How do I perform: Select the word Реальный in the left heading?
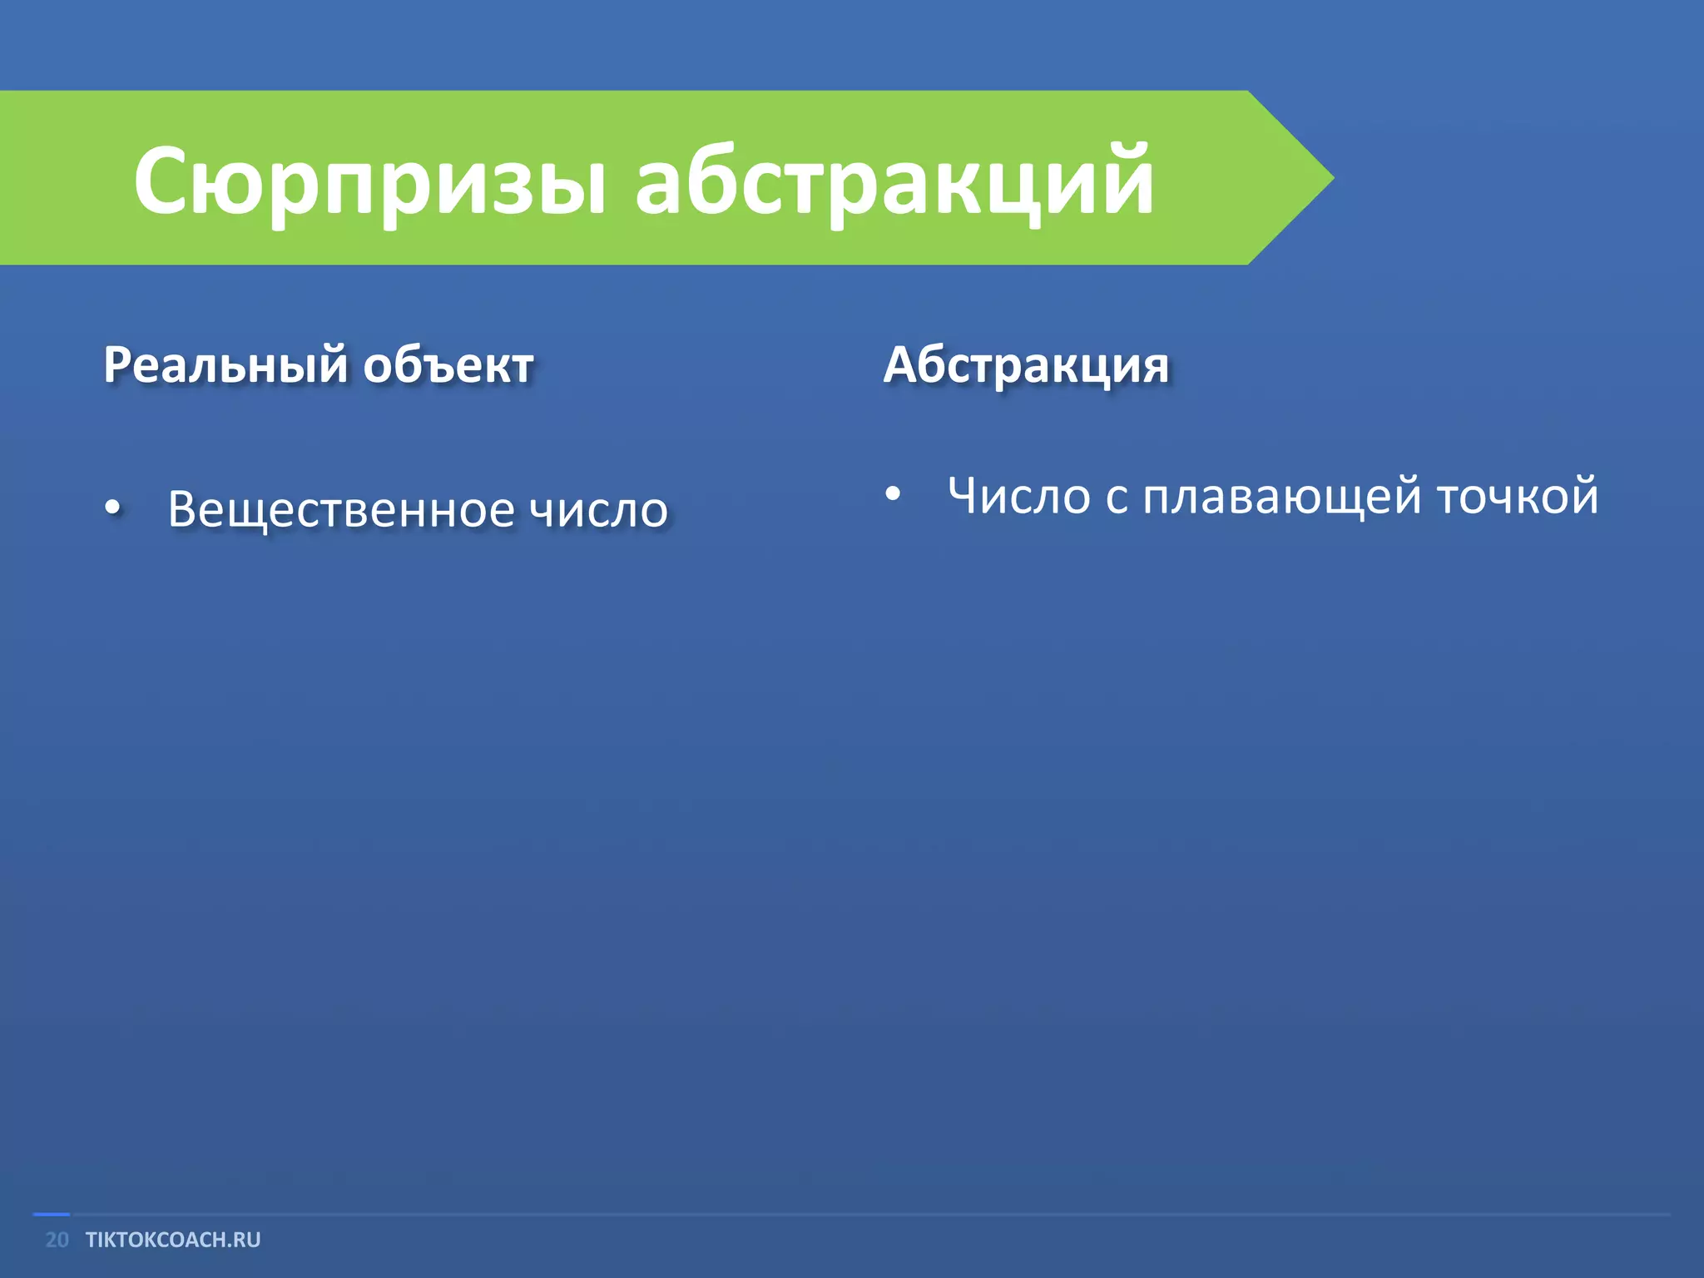[225, 366]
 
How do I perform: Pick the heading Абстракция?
[1026, 366]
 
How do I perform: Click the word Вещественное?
[341, 509]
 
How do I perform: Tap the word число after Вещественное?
[599, 509]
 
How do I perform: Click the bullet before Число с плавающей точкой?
[893, 494]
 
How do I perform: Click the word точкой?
[1518, 496]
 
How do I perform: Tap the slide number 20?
[57, 1240]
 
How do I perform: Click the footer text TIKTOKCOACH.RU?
[173, 1240]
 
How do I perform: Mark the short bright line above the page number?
[51, 1215]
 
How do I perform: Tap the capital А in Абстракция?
[904, 366]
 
